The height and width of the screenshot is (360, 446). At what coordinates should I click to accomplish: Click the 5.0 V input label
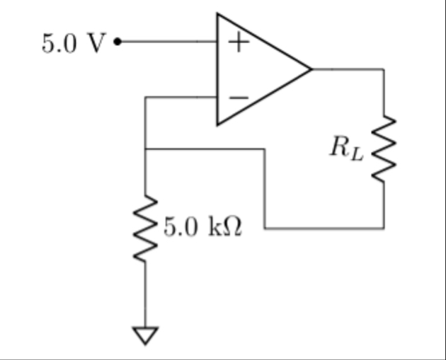click(73, 44)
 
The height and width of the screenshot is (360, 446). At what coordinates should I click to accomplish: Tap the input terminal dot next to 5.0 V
click(117, 42)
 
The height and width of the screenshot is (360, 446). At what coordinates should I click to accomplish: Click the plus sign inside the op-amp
click(239, 42)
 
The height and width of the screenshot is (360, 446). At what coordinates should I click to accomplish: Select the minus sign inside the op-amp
click(239, 97)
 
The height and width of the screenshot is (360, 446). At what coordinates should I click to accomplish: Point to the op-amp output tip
click(311, 69)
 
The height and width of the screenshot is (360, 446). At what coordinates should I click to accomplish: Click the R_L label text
click(346, 147)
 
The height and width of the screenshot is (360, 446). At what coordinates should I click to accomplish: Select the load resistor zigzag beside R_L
click(383, 149)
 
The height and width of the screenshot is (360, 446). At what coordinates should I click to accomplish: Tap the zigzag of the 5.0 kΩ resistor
click(145, 228)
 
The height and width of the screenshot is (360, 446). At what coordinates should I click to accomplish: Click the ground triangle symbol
click(145, 334)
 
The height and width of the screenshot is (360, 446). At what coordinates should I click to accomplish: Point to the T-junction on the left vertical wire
click(145, 149)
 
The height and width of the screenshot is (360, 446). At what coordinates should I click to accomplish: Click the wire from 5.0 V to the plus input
click(166, 42)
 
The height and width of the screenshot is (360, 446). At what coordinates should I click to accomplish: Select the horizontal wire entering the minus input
click(181, 97)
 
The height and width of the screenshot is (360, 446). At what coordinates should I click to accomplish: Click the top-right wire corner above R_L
click(383, 69)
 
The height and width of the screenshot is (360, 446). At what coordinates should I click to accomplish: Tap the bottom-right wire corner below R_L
click(383, 228)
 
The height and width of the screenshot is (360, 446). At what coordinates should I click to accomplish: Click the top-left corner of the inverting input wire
click(145, 97)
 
